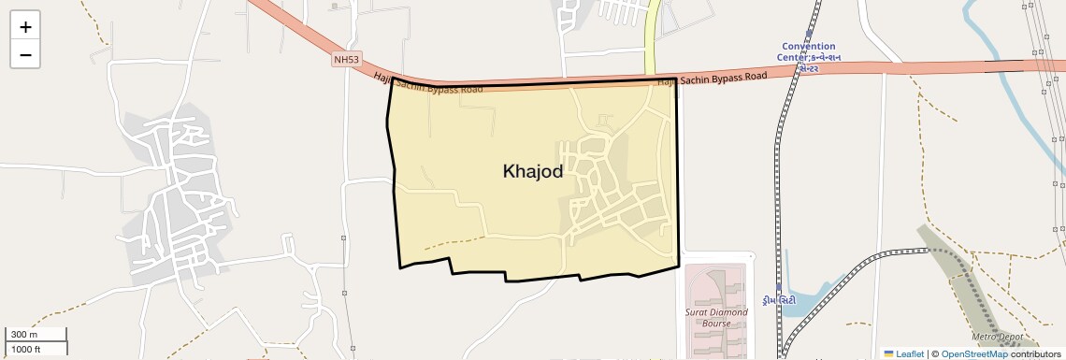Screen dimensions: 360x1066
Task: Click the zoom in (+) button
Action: click(25, 27)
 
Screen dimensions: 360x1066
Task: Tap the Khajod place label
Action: click(532, 172)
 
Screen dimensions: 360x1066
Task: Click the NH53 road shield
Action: click(346, 60)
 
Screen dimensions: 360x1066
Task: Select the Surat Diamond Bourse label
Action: click(717, 318)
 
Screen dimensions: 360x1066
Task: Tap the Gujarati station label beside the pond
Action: click(779, 299)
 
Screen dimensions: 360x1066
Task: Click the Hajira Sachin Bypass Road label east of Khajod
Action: click(712, 79)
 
